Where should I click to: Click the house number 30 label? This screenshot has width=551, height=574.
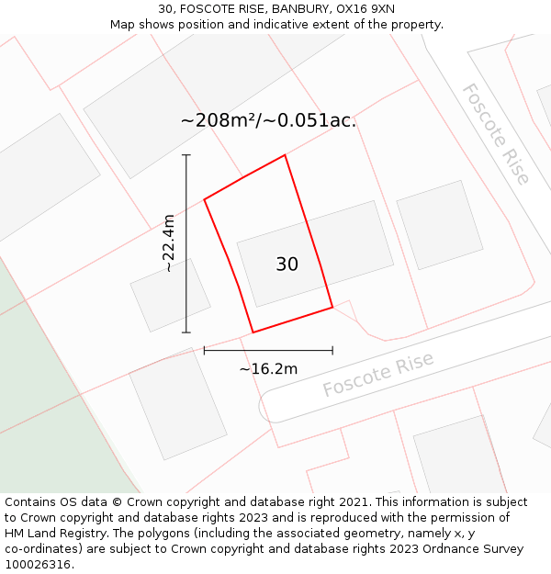point(287,264)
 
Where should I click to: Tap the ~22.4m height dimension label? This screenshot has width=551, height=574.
point(168,243)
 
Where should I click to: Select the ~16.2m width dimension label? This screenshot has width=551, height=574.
point(268,369)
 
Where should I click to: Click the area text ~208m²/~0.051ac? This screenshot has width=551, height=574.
point(268,120)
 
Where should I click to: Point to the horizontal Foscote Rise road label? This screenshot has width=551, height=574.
point(377,375)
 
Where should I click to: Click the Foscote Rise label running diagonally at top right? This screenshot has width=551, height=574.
point(496,134)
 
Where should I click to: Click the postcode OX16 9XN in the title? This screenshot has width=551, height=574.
point(365,8)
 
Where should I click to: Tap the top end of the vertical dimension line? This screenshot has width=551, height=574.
point(186,155)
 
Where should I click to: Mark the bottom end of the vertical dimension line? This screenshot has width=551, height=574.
point(186,332)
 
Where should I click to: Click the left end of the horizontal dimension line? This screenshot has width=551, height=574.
point(204,350)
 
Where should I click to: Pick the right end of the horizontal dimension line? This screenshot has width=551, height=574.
point(332,350)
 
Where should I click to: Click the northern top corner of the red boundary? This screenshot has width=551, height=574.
point(285,155)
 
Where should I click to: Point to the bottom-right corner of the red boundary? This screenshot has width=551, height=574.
point(332,308)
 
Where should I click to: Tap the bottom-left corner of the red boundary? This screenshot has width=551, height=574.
point(253,332)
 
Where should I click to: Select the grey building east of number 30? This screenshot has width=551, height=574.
point(439,225)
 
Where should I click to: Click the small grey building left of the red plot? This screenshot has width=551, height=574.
point(170,295)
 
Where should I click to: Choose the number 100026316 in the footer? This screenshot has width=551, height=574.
point(37,565)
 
